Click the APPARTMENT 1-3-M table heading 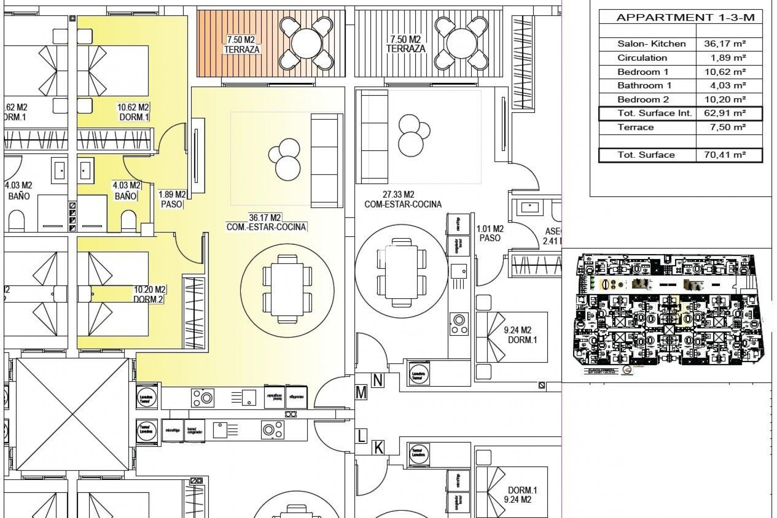[x=685, y=18]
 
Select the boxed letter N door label [x=378, y=380]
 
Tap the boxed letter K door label [x=378, y=448]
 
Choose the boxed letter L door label [x=361, y=436]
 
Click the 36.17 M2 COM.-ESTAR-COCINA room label [x=266, y=222]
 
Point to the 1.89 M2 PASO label [x=172, y=200]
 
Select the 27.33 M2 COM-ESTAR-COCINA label [x=403, y=200]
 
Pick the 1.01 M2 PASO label [x=490, y=234]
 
